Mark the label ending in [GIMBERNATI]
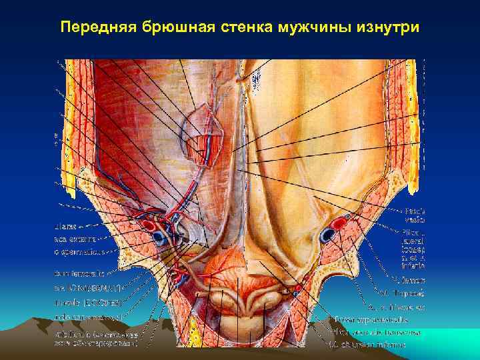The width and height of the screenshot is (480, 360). coord(87,287)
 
